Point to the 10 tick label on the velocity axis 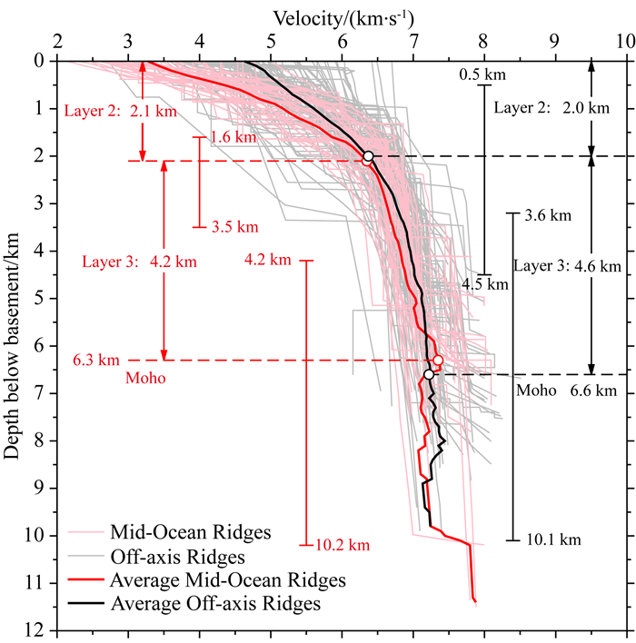(622, 43)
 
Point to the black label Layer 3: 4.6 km (567, 266)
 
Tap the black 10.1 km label (552, 539)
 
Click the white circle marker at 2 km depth (368, 156)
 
